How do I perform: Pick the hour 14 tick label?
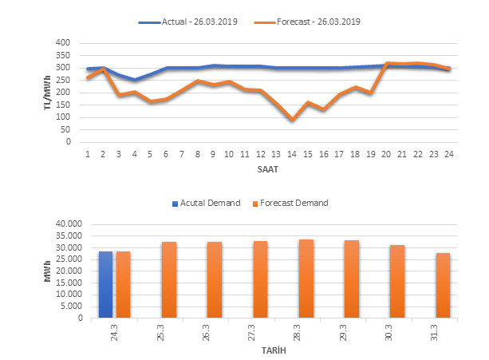pyautogui.click(x=292, y=154)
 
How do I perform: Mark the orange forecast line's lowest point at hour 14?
pyautogui.click(x=292, y=120)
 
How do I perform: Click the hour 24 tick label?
pyautogui.click(x=449, y=154)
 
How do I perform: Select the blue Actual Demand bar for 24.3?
pyautogui.click(x=106, y=284)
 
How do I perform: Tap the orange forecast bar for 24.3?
pyautogui.click(x=123, y=284)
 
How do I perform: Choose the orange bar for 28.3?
pyautogui.click(x=306, y=279)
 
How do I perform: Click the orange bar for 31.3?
pyautogui.click(x=443, y=285)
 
